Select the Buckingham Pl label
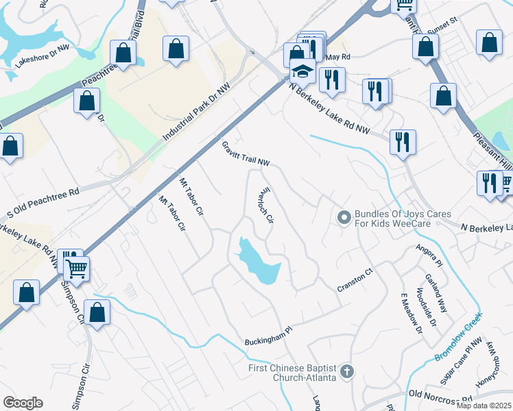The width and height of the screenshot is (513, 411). [269, 334]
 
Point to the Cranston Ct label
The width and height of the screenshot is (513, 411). [354, 280]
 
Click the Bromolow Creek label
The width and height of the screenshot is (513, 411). [459, 338]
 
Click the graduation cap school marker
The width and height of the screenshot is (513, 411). [302, 71]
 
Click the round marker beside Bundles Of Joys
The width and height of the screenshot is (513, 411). [344, 219]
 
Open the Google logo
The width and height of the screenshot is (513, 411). [23, 403]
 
